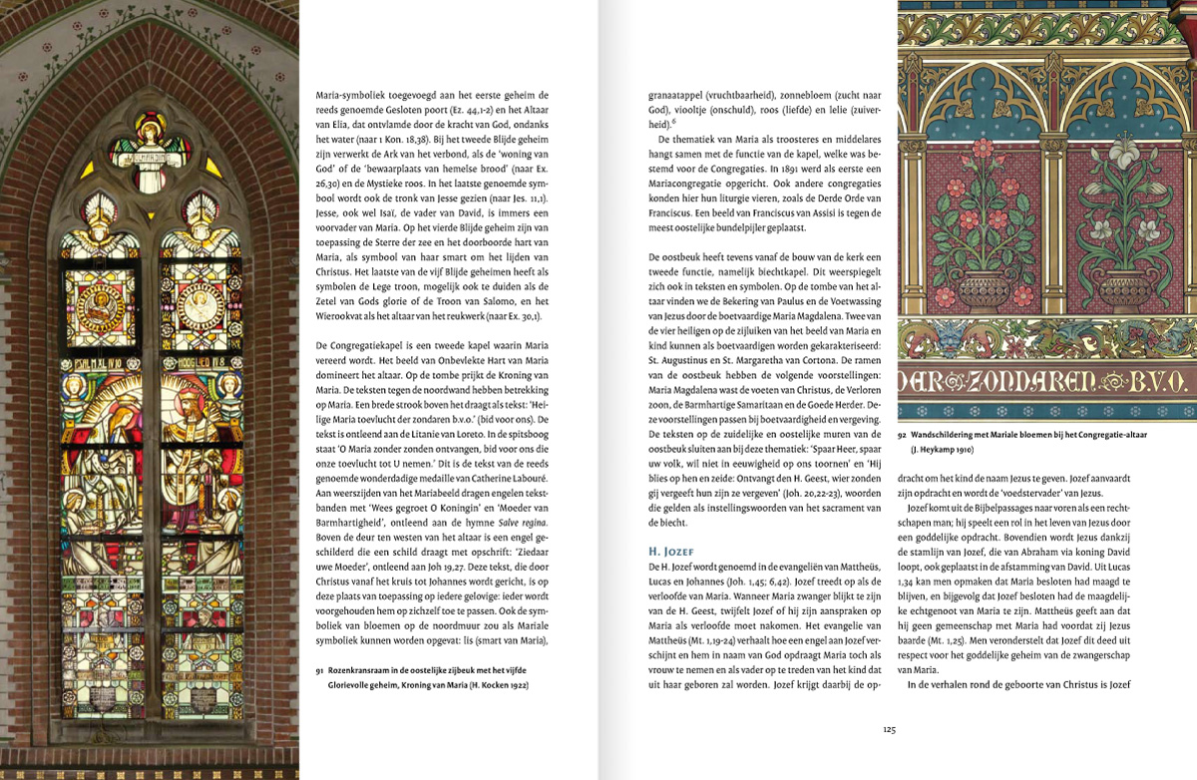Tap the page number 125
click(x=889, y=729)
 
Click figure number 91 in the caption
click(x=320, y=671)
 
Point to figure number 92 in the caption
click(x=903, y=434)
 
